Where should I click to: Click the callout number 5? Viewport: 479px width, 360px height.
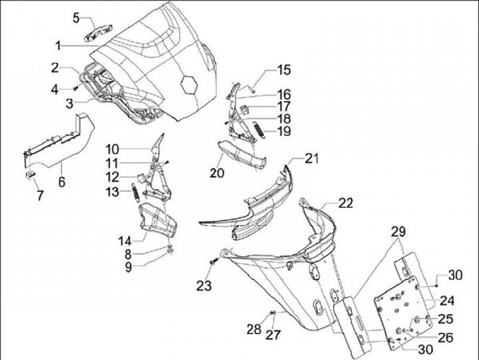[x=76, y=18]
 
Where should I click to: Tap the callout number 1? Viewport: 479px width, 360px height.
[x=58, y=46]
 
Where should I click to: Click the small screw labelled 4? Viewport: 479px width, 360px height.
[x=75, y=89]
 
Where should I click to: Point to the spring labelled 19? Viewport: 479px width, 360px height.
[x=259, y=130]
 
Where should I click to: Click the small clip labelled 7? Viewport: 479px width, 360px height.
[x=30, y=175]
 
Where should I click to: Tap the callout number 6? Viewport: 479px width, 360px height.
[x=62, y=182]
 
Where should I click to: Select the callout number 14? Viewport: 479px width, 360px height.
[x=125, y=241]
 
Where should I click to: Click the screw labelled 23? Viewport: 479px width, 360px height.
[x=214, y=261]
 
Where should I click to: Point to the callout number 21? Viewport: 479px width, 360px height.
[x=311, y=158]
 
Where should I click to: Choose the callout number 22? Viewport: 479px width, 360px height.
[x=345, y=203]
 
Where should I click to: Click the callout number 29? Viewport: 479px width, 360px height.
[x=399, y=232]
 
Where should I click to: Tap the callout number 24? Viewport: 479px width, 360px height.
[x=447, y=301]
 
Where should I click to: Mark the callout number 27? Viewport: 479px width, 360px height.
[x=273, y=335]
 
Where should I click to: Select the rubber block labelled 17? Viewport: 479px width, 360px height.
[x=245, y=110]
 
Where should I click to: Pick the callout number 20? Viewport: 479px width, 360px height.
[x=217, y=173]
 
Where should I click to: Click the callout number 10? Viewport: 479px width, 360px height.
[x=112, y=150]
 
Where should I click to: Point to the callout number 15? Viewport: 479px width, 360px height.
[x=284, y=70]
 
